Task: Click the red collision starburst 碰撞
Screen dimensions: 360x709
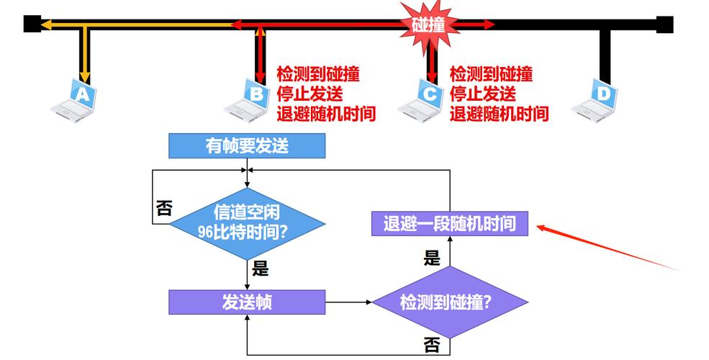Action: pyautogui.click(x=428, y=24)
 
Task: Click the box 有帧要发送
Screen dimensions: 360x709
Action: pyautogui.click(x=247, y=145)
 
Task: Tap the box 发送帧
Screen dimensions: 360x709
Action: pyautogui.click(x=247, y=302)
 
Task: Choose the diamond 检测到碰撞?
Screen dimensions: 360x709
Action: pyautogui.click(x=450, y=302)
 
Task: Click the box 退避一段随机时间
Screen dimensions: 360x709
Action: pyautogui.click(x=450, y=223)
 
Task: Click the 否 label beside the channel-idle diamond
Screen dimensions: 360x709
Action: pyautogui.click(x=163, y=209)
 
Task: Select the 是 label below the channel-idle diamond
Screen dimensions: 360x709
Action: pyautogui.click(x=261, y=269)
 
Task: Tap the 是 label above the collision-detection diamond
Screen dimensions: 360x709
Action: pyautogui.click(x=431, y=258)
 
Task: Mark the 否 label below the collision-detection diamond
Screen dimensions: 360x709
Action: pyautogui.click(x=432, y=345)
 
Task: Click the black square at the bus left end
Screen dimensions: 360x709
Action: pyautogui.click(x=32, y=24)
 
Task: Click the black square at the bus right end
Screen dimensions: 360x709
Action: pyautogui.click(x=664, y=24)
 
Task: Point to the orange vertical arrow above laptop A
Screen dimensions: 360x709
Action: pyautogui.click(x=84, y=54)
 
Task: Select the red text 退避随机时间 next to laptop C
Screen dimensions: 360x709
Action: pyautogui.click(x=499, y=114)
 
